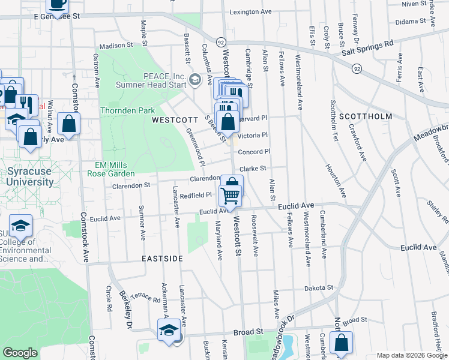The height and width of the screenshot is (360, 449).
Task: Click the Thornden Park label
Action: (127, 110)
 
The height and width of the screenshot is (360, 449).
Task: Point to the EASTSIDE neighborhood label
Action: (162, 258)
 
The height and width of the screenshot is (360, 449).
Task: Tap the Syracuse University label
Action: (30, 176)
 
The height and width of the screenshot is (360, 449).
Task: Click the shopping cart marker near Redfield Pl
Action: (231, 195)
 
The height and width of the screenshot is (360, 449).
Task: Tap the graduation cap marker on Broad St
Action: (169, 330)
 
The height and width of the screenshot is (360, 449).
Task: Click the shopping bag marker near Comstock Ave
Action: (70, 124)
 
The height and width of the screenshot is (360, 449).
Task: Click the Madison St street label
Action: (115, 46)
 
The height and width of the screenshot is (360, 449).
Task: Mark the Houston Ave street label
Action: (335, 180)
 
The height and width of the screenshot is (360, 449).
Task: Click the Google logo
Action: (20, 353)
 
